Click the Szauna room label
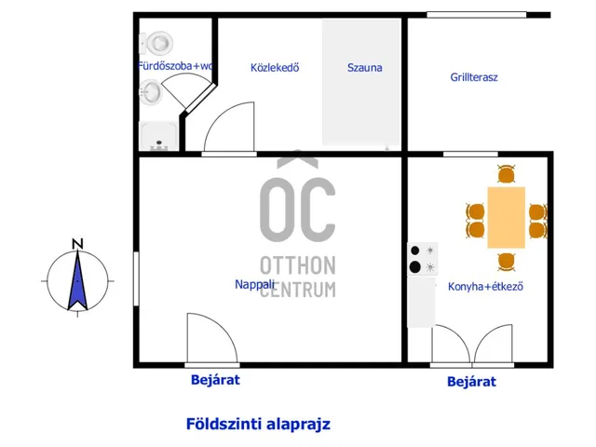pos(364,68)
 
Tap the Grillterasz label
pos(474,77)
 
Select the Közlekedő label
pos(275,68)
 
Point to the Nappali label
pos(254,284)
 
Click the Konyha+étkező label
pos(485,286)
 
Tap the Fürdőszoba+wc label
pos(174,66)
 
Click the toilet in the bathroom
pos(156,42)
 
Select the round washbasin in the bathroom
pos(151,91)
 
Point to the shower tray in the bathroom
pos(159,136)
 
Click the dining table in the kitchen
pos(507,217)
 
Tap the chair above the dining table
pos(507,174)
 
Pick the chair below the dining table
pos(507,262)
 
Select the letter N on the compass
pos(77,244)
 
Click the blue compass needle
pos(77,280)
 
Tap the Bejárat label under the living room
pos(215,380)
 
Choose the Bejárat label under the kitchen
pos(472,382)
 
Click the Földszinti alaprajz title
pos(258,424)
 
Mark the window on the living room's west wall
pos(136,278)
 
